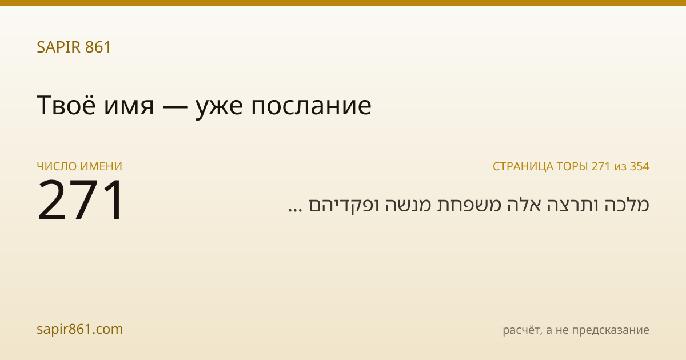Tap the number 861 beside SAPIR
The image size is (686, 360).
point(98,47)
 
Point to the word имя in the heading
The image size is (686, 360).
point(129,108)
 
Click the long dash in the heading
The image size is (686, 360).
point(175,107)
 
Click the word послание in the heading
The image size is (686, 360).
point(311,106)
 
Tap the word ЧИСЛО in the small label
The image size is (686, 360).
point(57,166)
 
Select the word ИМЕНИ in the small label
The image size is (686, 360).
point(101,166)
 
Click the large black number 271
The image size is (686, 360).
point(80,199)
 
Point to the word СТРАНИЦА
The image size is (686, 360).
point(523,166)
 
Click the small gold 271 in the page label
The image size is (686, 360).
point(601,166)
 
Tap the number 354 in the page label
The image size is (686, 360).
point(640,166)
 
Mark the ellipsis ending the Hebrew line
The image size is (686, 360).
point(295,210)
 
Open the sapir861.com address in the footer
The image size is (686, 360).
point(80,329)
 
